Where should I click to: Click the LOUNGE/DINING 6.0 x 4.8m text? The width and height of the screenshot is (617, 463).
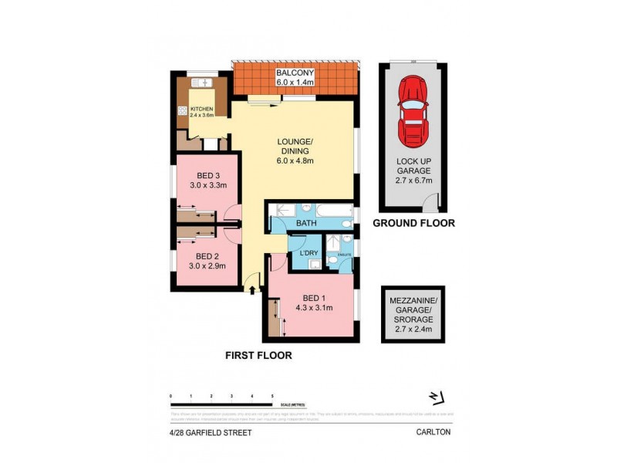point(296,150)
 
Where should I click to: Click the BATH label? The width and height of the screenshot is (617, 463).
point(306,223)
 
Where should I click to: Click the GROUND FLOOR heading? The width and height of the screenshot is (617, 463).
point(413,223)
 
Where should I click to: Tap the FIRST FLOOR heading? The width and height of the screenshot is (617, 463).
point(258,356)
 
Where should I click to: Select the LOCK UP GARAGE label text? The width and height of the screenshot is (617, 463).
point(413,170)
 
